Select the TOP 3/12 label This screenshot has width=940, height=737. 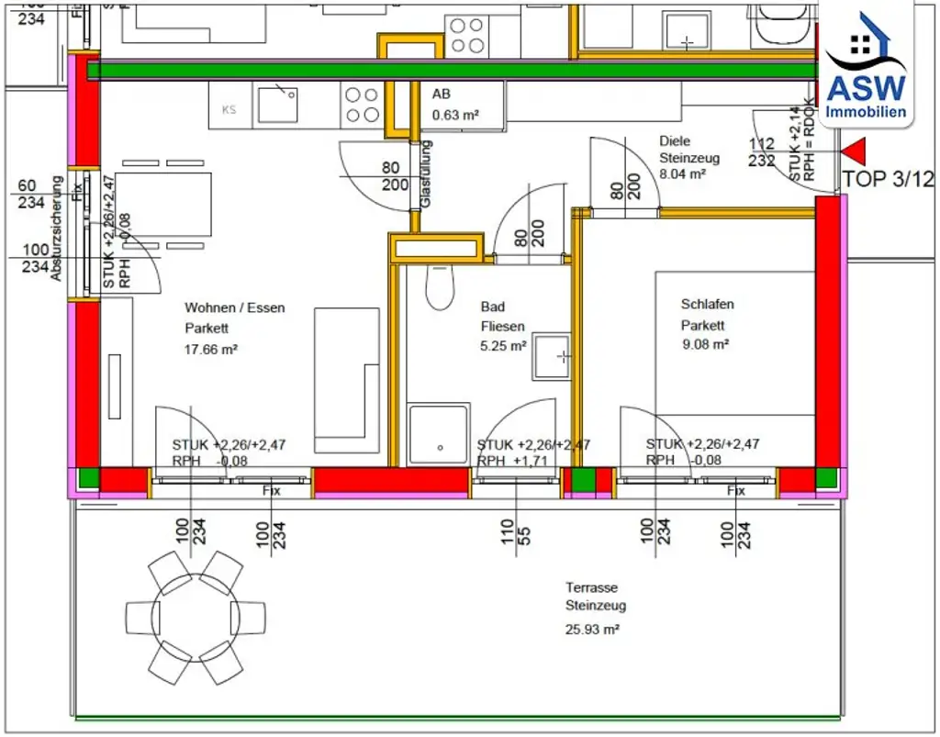coord(888,180)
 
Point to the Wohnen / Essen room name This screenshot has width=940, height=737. coord(235,307)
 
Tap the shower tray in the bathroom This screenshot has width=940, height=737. coord(440,433)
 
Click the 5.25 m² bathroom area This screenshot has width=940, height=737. coord(503,346)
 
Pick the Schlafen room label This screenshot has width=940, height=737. coord(707,304)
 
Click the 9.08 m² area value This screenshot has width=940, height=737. coord(704,345)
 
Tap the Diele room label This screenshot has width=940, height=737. coord(674,140)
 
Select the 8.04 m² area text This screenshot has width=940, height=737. coord(682,173)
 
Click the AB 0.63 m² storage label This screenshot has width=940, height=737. coord(455,106)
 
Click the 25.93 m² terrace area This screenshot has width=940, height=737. coord(592,630)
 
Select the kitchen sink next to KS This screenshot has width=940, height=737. coord(277,104)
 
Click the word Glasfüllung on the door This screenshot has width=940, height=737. coord(425,174)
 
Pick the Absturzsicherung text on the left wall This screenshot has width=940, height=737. coord(56,229)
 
